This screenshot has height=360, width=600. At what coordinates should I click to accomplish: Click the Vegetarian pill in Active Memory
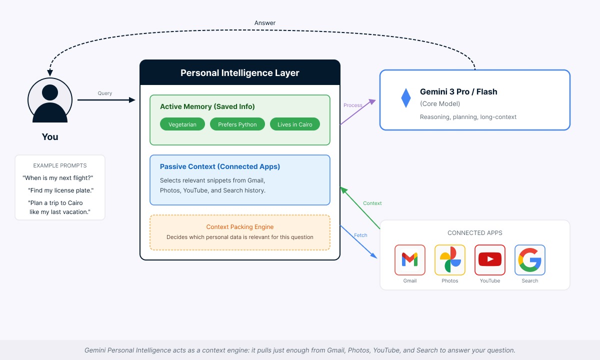pyautogui.click(x=182, y=124)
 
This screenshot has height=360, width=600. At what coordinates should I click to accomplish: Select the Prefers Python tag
pyautogui.click(x=237, y=124)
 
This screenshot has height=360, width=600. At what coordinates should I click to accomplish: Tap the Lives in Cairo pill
pyautogui.click(x=295, y=124)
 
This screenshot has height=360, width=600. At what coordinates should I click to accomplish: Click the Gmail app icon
pyautogui.click(x=410, y=259)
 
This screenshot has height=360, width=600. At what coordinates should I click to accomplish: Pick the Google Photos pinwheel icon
pyautogui.click(x=450, y=259)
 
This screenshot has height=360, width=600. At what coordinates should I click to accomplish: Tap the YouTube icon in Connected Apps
pyautogui.click(x=490, y=259)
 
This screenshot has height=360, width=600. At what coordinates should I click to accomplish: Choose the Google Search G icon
pyautogui.click(x=530, y=259)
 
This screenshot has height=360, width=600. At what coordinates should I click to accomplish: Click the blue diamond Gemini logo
pyautogui.click(x=405, y=98)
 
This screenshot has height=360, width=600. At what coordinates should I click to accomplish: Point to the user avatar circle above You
pyautogui.click(x=50, y=100)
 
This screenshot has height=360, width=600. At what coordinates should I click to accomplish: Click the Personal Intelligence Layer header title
pyautogui.click(x=240, y=73)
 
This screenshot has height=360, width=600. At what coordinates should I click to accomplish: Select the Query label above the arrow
pyautogui.click(x=105, y=93)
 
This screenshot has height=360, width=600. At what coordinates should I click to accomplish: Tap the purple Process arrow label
pyautogui.click(x=353, y=105)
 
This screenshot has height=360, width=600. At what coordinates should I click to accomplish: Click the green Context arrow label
pyautogui.click(x=372, y=203)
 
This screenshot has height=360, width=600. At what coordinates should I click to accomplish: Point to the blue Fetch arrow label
pyautogui.click(x=360, y=235)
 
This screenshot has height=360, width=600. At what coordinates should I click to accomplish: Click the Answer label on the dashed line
pyautogui.click(x=265, y=23)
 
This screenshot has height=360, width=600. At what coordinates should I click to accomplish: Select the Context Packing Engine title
pyautogui.click(x=240, y=227)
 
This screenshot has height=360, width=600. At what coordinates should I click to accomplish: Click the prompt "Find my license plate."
pyautogui.click(x=61, y=190)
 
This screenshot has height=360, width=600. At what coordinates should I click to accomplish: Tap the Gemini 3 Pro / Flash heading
pyautogui.click(x=458, y=91)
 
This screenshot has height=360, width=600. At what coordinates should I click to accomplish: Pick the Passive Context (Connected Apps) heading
pyautogui.click(x=220, y=166)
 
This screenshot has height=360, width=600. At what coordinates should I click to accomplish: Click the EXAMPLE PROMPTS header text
pyautogui.click(x=60, y=165)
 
